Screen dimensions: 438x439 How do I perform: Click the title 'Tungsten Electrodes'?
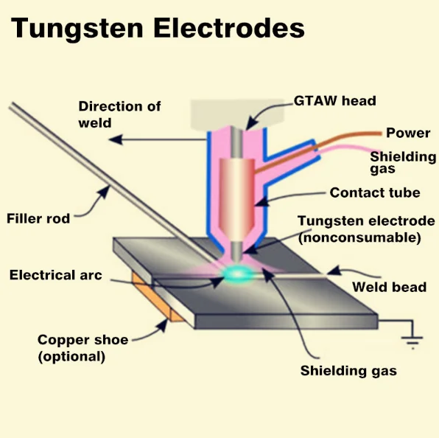tap(158, 29)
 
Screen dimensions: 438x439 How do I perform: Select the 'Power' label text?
tap(408, 133)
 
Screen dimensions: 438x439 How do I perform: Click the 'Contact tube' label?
tap(374, 193)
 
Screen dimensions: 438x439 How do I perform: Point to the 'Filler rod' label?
tap(38, 218)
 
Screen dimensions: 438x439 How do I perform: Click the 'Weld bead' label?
tap(389, 286)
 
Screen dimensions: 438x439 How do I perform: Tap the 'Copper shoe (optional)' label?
tap(82, 348)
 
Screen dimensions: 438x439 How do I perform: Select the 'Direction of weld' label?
tap(119, 114)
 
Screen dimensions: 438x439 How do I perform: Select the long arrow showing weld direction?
tap(162, 138)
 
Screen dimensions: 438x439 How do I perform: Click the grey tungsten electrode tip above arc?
tap(236, 251)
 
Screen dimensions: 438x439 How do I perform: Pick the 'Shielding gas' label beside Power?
tap(402, 162)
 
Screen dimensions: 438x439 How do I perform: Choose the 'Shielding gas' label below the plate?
tap(348, 371)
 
